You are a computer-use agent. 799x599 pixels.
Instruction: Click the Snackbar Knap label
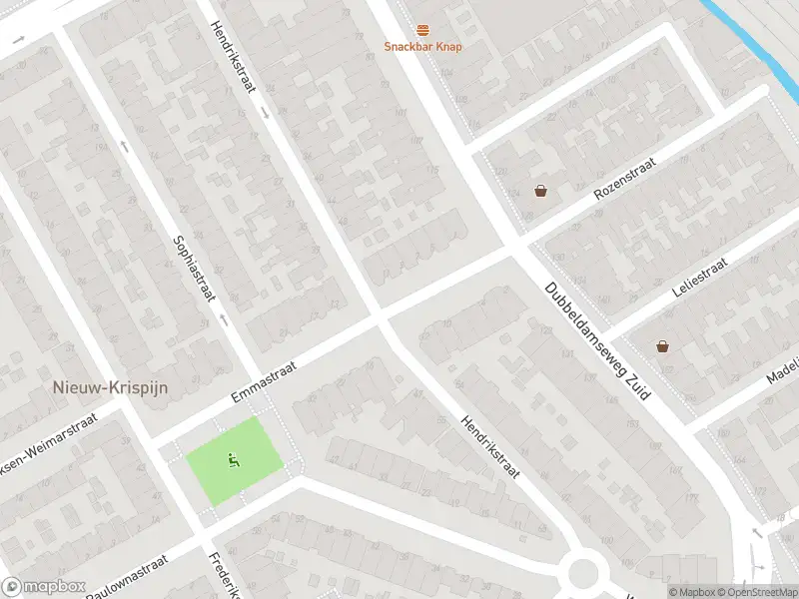(423, 47)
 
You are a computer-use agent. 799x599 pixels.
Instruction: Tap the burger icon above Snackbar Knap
(423, 30)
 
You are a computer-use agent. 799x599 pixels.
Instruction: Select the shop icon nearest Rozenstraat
(540, 191)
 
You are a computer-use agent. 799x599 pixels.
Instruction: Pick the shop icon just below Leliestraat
(662, 346)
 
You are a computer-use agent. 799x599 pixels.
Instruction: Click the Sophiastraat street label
(195, 270)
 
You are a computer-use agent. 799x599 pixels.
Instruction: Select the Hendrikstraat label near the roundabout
(490, 446)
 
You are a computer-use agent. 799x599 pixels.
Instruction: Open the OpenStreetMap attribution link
(756, 591)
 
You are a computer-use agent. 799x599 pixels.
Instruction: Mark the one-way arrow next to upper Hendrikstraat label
(265, 112)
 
